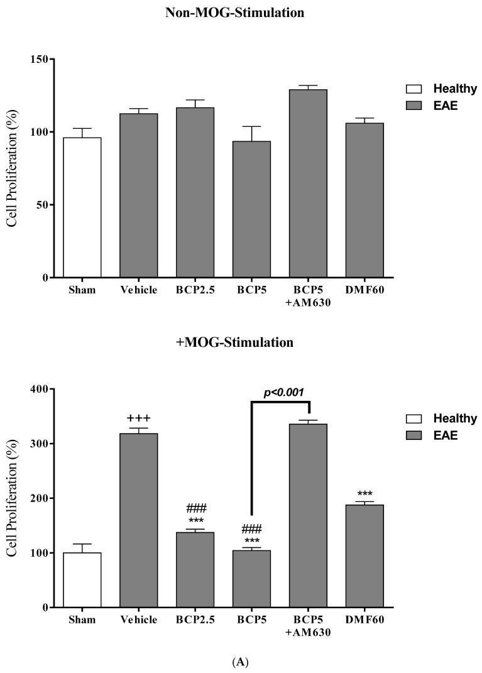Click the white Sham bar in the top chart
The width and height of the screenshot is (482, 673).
pos(82,207)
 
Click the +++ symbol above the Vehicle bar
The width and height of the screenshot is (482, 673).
pos(139,419)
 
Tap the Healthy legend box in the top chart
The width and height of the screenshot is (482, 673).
pos(414,89)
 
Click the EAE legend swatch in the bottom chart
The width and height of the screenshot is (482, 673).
pos(414,435)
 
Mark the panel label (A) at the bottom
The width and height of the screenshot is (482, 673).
pos(241,662)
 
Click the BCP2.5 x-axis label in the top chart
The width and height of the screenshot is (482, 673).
pos(195,290)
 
